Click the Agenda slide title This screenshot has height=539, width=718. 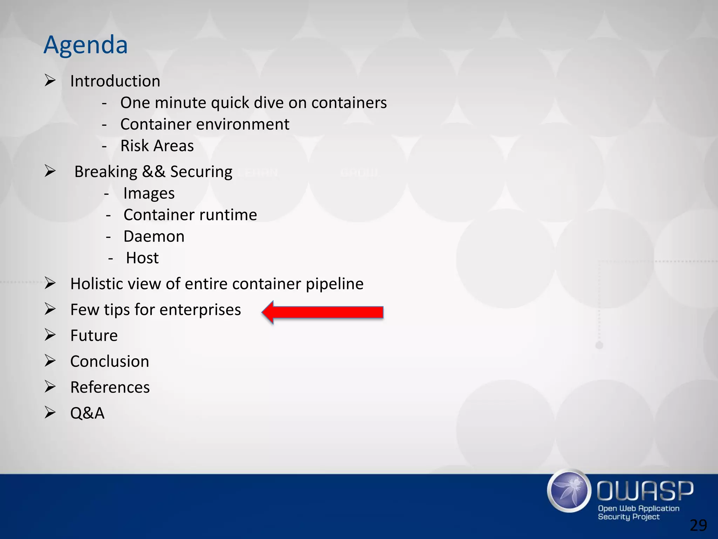pos(86,45)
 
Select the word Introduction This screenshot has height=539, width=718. pos(115,81)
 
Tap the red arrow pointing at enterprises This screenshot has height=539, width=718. pos(323,312)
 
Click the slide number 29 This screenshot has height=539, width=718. pos(698,525)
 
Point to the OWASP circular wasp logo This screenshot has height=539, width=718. pos(569,490)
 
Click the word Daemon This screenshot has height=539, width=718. pos(154,237)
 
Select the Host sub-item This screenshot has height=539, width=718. pos(142,258)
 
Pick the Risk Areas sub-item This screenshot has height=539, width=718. pos(157,146)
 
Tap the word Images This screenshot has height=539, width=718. pos(149,193)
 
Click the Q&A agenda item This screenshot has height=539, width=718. pos(87,413)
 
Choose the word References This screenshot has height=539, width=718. pos(110,387)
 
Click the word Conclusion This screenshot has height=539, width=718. pos(110,361)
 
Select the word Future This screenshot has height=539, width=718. pos(94,335)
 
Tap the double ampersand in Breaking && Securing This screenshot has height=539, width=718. pos(154,172)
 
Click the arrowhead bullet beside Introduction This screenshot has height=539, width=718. pos(50,81)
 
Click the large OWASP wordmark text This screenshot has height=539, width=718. pos(645,491)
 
